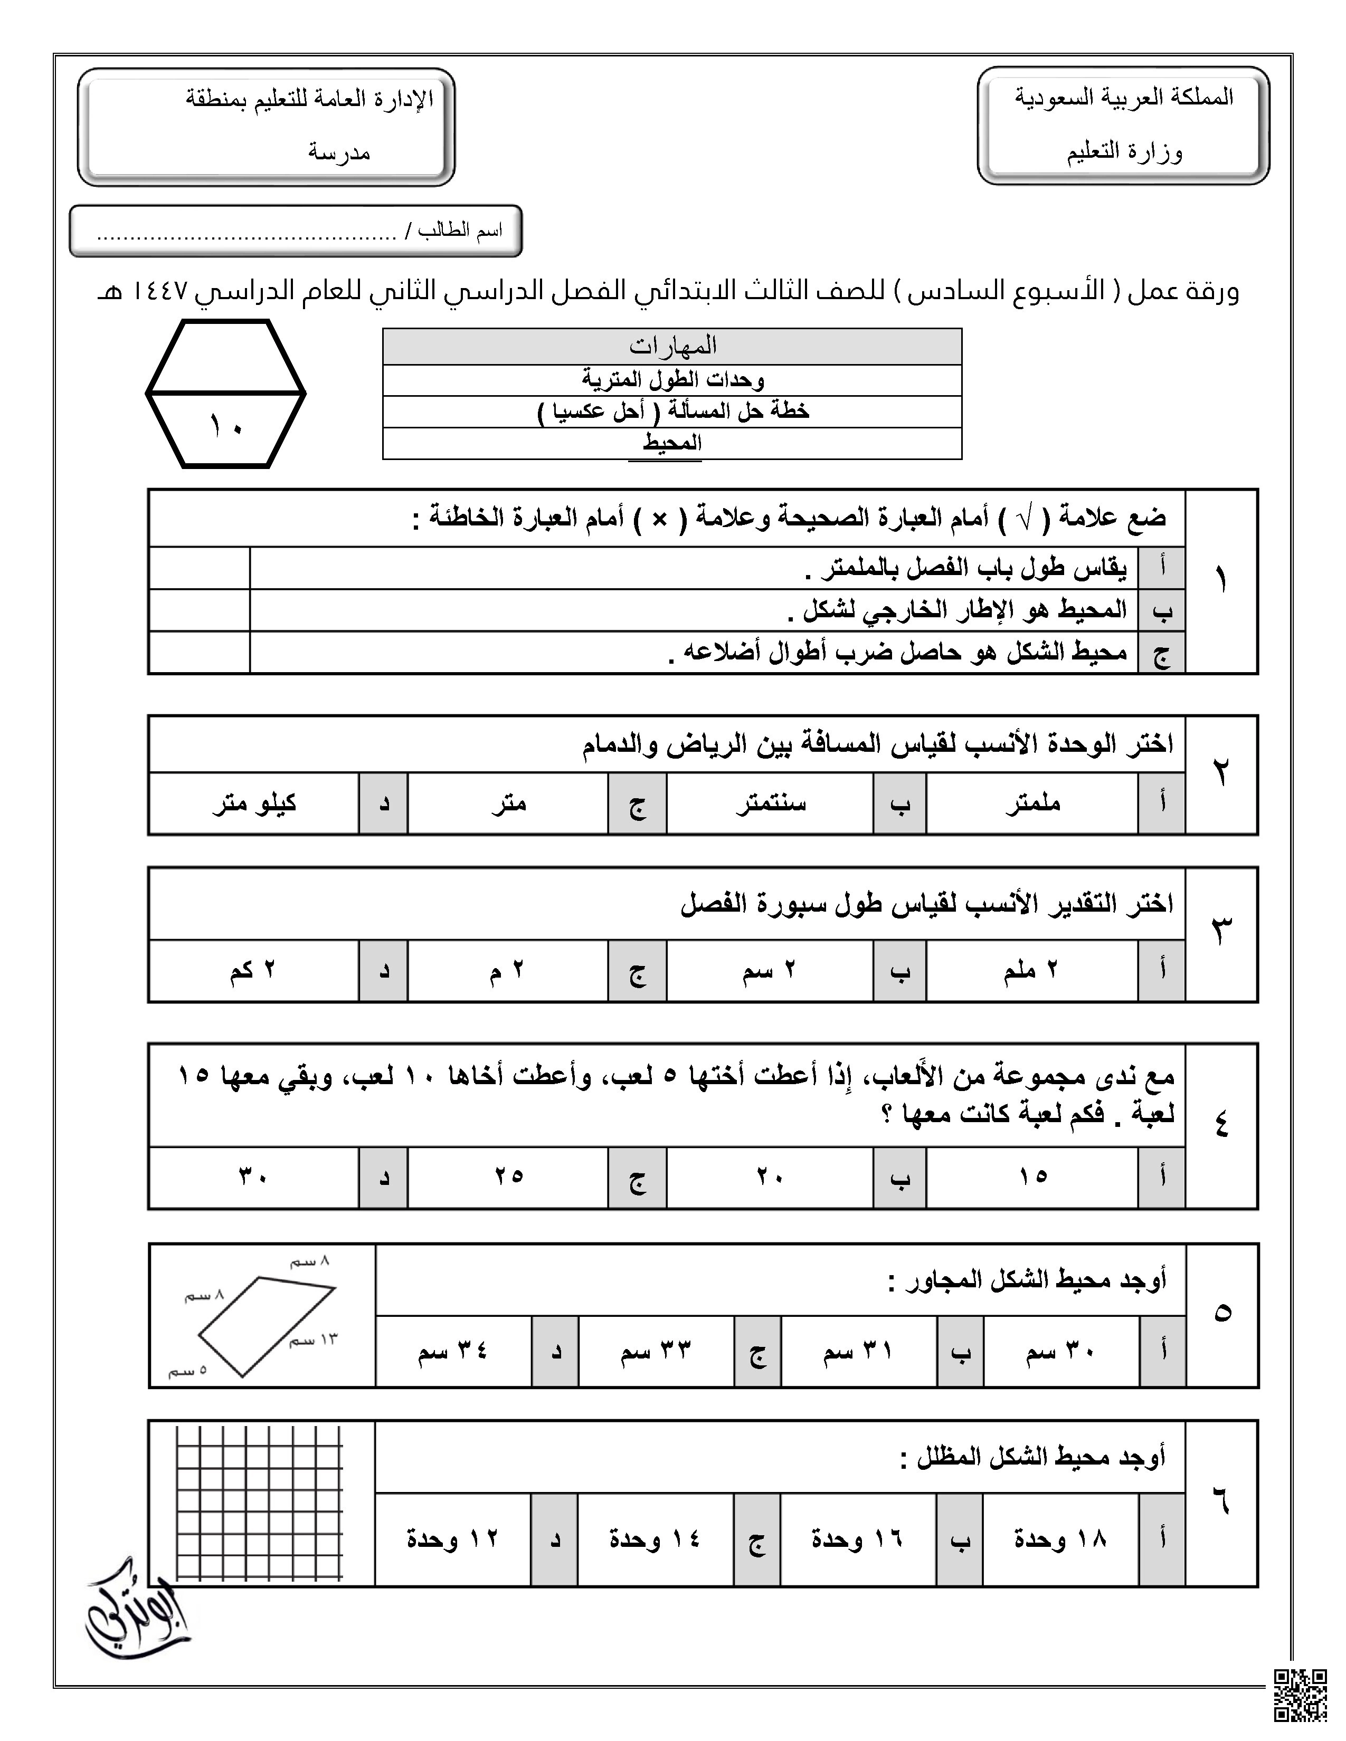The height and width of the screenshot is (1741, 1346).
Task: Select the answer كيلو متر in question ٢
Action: coord(254,803)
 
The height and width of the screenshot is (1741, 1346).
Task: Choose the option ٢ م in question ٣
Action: coord(507,971)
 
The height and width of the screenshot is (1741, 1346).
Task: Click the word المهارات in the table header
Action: coord(672,347)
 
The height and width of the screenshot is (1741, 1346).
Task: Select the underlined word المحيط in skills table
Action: coord(672,443)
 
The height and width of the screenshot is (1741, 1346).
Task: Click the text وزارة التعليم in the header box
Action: coord(1124,151)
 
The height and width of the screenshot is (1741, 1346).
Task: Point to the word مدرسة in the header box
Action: coord(340,151)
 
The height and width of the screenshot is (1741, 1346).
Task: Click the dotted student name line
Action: coord(247,235)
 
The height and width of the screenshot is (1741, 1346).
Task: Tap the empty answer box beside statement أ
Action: coord(200,568)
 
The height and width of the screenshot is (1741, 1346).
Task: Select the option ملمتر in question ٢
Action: coord(1032,803)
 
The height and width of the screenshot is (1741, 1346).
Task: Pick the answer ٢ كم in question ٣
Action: coord(253,971)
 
